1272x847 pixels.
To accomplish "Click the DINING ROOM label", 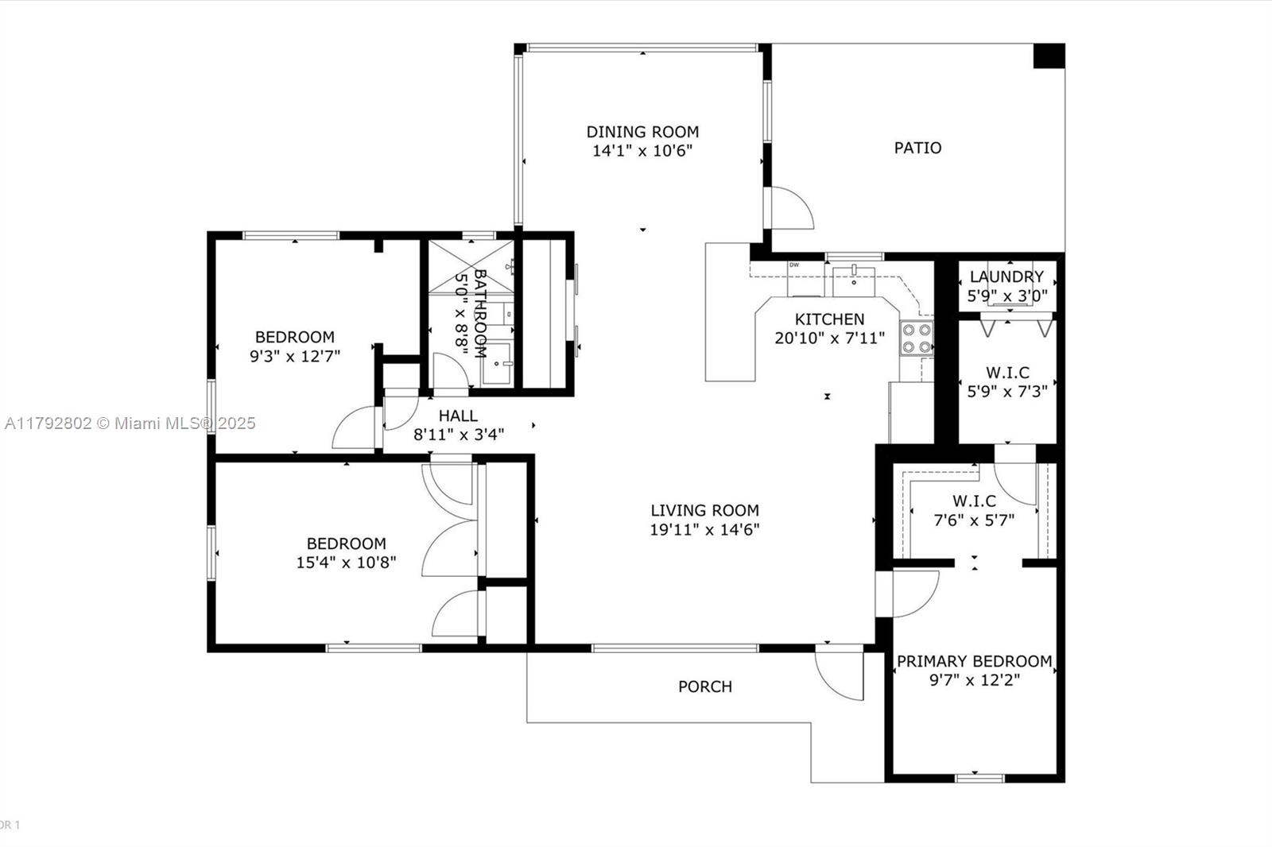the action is pos(642,132).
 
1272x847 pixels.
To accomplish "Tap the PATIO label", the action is pos(917,148).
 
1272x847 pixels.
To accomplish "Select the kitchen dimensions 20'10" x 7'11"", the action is pos(830,338).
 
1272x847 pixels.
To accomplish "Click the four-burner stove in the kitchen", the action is pos(916,338).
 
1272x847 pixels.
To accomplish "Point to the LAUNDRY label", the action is pos(1006,277).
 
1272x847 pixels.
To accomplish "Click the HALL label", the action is pos(458,416).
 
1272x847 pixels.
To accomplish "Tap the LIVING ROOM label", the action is pos(704,510).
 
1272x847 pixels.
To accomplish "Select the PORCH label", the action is pos(705,687).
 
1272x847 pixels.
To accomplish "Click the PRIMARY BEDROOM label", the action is pos(975,661).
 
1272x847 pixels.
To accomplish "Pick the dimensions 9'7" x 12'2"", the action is pos(975,680).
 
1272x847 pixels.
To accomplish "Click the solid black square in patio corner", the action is pos(1049,56).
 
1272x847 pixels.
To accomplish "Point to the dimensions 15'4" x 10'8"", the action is pos(347,563).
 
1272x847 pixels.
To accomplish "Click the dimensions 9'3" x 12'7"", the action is pos(295,357).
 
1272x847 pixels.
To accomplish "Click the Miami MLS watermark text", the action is pos(130,423).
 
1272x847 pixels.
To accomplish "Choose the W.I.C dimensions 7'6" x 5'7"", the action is pos(975,520).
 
